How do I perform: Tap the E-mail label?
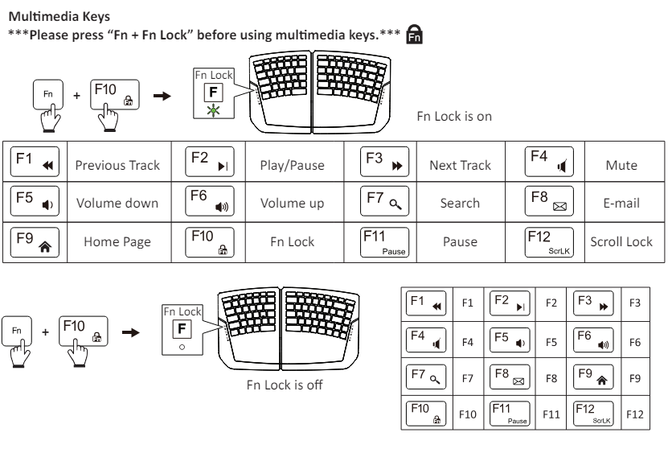point(621,203)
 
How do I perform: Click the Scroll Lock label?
point(621,241)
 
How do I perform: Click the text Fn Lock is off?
point(285,385)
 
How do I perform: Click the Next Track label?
point(460,165)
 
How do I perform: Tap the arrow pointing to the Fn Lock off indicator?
point(129,332)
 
